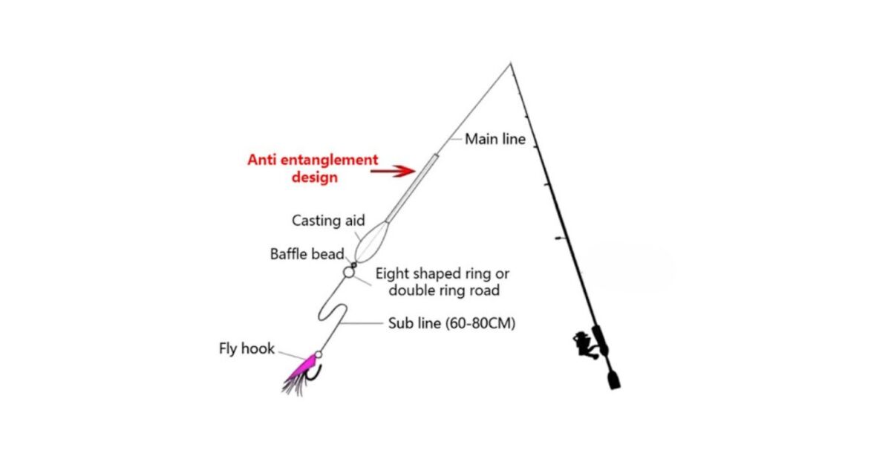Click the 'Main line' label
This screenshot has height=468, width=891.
pyautogui.click(x=495, y=140)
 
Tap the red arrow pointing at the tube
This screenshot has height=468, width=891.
pyautogui.click(x=393, y=171)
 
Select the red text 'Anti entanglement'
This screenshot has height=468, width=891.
pyautogui.click(x=313, y=160)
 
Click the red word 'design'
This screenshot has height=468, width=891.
pyautogui.click(x=315, y=178)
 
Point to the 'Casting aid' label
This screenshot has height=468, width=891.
pyautogui.click(x=328, y=221)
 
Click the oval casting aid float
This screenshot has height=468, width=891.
pyautogui.click(x=371, y=242)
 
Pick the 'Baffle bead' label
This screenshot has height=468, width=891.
pyautogui.click(x=307, y=254)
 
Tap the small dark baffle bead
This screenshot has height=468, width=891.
pyautogui.click(x=353, y=265)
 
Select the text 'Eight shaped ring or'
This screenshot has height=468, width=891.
pyautogui.click(x=443, y=274)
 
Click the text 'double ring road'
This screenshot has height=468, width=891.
pyautogui.click(x=444, y=290)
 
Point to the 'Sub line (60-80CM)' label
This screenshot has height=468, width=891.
pyautogui.click(x=451, y=324)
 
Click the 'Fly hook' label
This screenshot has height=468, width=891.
pyautogui.click(x=247, y=348)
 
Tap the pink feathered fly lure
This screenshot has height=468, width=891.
pyautogui.click(x=300, y=374)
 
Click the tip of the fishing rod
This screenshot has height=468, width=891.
pyautogui.click(x=510, y=63)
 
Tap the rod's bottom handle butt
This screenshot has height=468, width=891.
pyautogui.click(x=614, y=380)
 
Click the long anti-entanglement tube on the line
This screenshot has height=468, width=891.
pyautogui.click(x=412, y=188)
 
